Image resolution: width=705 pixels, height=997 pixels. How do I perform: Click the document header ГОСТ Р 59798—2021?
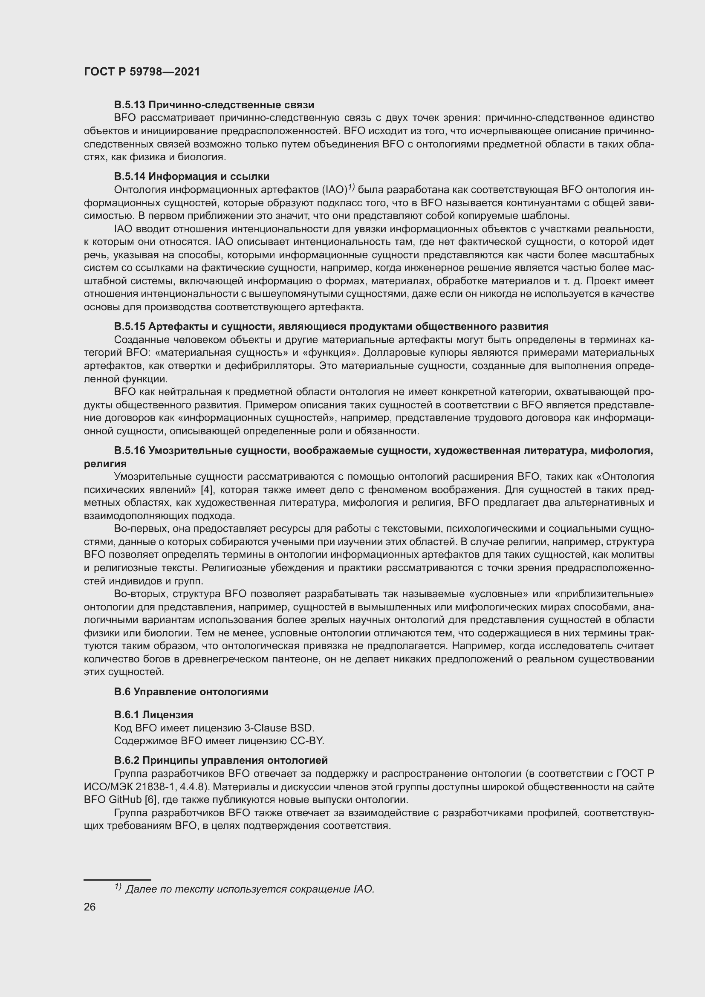[x=142, y=72]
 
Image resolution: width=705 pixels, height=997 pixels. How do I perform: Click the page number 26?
[x=90, y=907]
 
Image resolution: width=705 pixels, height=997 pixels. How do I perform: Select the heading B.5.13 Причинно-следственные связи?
[x=214, y=105]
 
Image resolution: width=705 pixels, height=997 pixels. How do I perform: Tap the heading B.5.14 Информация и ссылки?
[x=191, y=176]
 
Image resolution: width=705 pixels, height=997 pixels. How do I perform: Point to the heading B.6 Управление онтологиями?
[x=191, y=692]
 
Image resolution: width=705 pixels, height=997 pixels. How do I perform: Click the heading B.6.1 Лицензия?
[x=154, y=714]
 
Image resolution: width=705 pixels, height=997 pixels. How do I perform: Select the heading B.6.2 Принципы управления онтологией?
[x=220, y=760]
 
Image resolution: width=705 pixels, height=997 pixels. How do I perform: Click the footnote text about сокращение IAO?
[x=249, y=889]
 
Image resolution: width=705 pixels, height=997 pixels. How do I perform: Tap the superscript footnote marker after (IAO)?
[x=351, y=187]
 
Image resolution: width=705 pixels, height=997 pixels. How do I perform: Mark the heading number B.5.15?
[x=130, y=326]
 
